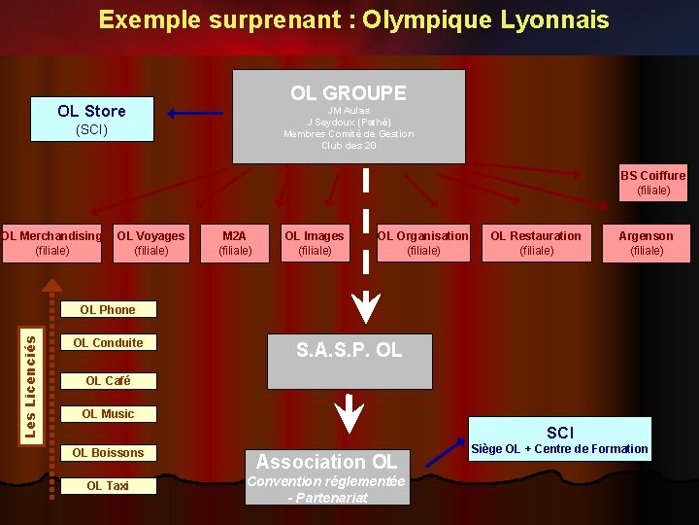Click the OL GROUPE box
pos(349,116)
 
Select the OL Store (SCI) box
pos(91,120)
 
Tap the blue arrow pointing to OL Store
pos(194,114)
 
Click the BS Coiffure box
pos(652,183)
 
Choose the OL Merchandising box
pos(51,243)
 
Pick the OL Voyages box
pos(150,243)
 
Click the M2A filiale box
pos(235,243)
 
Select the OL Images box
pos(314,243)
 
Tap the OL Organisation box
pos(422,243)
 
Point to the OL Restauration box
pos(536,243)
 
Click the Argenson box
pos(647,243)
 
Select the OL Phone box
pos(108,310)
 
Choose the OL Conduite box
pos(108,343)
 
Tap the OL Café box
pos(108,381)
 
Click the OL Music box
pos(108,414)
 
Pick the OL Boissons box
pos(108,453)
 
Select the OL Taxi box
pos(108,486)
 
